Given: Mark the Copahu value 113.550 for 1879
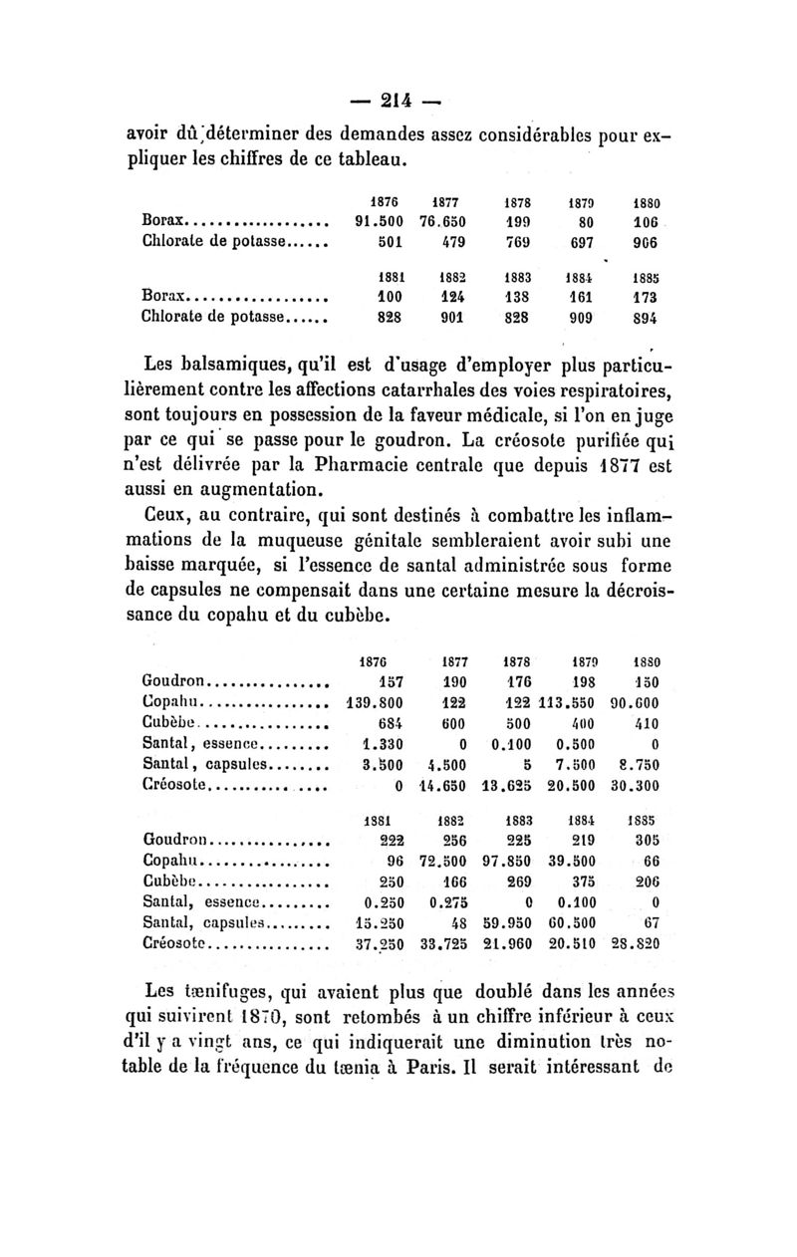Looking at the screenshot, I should pyautogui.click(x=567, y=704).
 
